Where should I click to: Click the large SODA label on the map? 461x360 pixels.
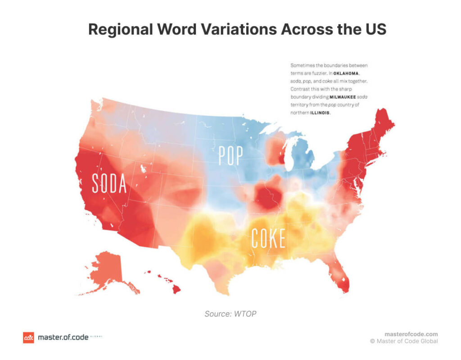109,182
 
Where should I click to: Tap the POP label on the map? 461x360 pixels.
230,156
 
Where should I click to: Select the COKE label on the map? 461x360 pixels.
268,238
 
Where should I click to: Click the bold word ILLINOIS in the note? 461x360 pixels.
320,113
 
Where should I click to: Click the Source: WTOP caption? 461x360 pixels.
230,314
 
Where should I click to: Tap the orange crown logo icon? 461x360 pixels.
28,337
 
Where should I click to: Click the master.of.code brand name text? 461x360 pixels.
63,337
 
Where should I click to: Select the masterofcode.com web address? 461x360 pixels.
411,334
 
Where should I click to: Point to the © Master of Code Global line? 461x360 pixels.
404,341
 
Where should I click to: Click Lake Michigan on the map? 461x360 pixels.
289,153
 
